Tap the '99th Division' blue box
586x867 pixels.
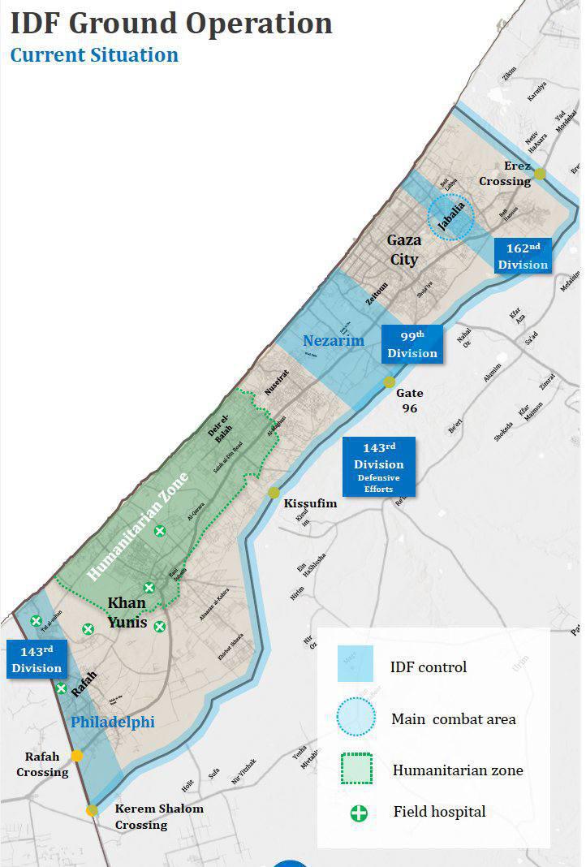(412, 343)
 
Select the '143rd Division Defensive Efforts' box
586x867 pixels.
(378, 467)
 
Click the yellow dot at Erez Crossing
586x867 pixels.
(540, 174)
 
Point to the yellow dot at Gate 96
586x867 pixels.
(390, 382)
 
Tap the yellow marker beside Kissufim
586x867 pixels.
(274, 493)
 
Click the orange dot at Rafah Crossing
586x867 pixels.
(76, 756)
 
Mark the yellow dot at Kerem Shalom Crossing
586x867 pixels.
(93, 810)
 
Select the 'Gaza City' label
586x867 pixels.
(403, 250)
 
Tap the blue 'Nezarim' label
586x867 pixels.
(334, 341)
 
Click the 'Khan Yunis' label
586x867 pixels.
(127, 613)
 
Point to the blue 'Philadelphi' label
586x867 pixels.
(112, 722)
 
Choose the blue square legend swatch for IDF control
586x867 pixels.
(355, 664)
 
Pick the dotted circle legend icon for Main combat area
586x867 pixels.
(355, 718)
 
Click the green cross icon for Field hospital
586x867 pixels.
(358, 812)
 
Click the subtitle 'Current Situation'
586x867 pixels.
(94, 55)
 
